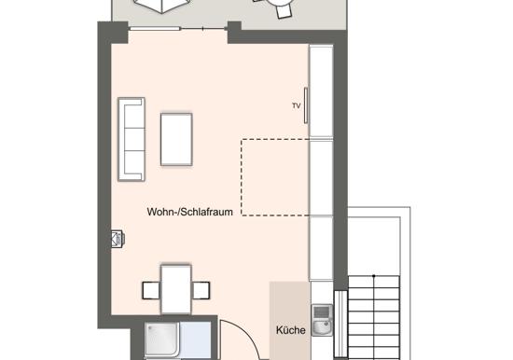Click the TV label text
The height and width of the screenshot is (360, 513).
297,105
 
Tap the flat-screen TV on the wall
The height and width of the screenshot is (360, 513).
306,105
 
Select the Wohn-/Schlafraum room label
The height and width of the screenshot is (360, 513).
189,212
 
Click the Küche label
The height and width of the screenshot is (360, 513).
290,330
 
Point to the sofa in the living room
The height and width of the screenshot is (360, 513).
132,139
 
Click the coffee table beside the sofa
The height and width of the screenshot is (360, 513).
176,139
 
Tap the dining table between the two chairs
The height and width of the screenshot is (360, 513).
176,289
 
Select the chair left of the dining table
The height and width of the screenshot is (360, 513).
151,290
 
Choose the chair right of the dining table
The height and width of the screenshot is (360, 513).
201,290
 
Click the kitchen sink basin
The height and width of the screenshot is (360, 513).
322,327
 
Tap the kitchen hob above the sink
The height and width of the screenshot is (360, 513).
321,312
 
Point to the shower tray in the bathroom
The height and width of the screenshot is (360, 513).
162,339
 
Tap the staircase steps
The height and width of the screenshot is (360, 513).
374,317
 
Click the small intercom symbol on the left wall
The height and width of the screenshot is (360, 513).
118,239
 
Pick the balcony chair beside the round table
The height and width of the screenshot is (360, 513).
284,12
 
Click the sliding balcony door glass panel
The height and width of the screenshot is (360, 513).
155,29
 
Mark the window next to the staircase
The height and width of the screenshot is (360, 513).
340,324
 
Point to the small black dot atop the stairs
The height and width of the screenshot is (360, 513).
374,276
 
